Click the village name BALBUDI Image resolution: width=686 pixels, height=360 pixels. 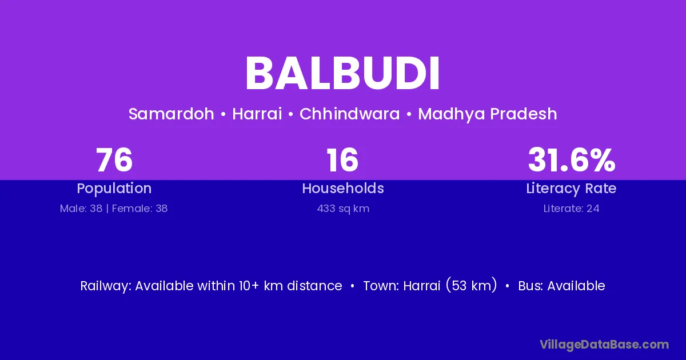pos(342,74)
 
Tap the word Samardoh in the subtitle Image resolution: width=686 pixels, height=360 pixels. pos(171,114)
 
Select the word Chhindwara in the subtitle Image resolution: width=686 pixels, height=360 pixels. pos(350,114)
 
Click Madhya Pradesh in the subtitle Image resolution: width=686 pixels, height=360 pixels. pos(488,114)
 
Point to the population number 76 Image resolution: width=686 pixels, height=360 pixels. pos(114,160)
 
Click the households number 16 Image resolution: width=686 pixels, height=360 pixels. pos(342,160)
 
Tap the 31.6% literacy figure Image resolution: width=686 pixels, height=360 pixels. pos(572,160)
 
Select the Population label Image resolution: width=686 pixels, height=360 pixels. pos(114,189)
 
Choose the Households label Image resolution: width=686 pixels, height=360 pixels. pos(343,188)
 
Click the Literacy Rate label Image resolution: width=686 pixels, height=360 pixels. pos(571,189)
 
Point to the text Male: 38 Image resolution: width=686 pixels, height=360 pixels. pos(81,209)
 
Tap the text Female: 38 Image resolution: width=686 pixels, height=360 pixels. pos(139,209)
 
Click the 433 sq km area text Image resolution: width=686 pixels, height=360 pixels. pos(343,209)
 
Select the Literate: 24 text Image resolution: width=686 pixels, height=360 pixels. pos(572,209)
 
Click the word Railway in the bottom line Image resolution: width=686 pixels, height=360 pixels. pos(106,286)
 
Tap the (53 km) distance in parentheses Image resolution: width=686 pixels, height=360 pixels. pos(471,286)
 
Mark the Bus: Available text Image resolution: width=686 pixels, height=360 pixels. pos(561,286)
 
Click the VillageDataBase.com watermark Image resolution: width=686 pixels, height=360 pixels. pos(604,345)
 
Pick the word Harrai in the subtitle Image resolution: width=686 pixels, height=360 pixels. pos(257,114)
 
